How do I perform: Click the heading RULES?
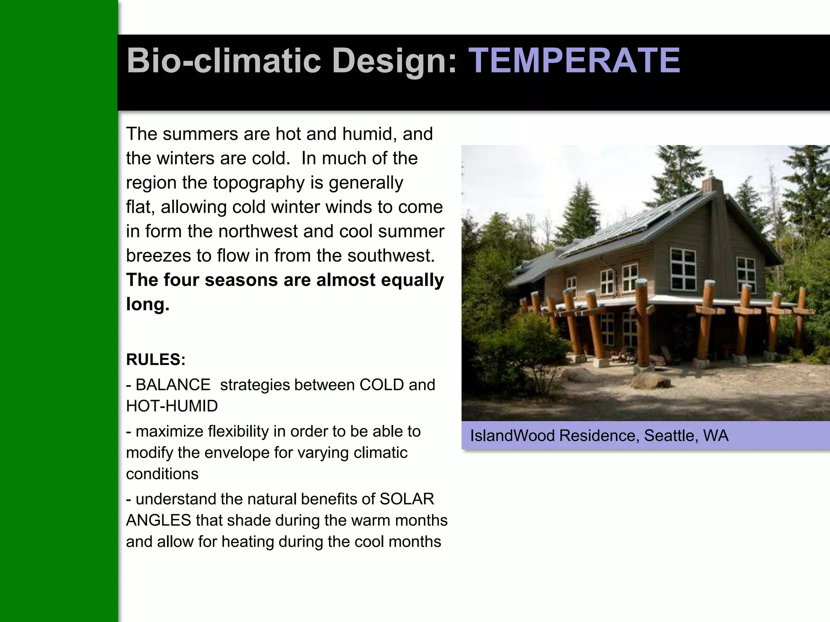point(156,360)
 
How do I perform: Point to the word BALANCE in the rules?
point(173,385)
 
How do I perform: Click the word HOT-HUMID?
point(172,406)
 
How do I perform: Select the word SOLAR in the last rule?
point(406,499)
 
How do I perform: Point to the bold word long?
point(148,305)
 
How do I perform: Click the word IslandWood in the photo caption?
point(512,436)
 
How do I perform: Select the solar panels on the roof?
point(632,223)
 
